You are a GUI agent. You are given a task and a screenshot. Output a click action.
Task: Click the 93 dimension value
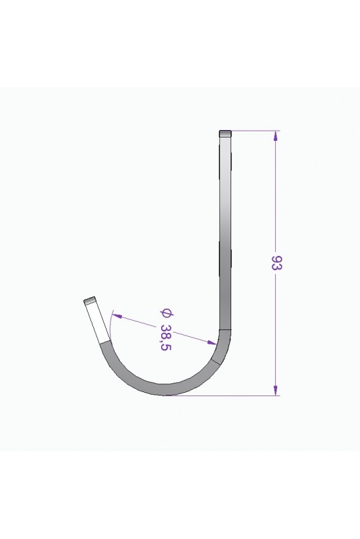click(x=276, y=263)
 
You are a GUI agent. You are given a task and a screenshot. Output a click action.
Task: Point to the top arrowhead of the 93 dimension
click(x=275, y=135)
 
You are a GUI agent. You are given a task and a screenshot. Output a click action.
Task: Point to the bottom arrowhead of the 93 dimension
click(x=275, y=390)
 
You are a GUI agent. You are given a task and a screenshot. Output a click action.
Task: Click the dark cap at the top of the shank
click(x=226, y=133)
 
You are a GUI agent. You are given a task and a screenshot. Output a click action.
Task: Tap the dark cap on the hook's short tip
click(x=89, y=300)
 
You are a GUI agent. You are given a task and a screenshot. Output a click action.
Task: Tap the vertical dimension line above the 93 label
click(x=275, y=195)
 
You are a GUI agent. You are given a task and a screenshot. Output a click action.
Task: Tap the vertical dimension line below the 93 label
click(x=275, y=330)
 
